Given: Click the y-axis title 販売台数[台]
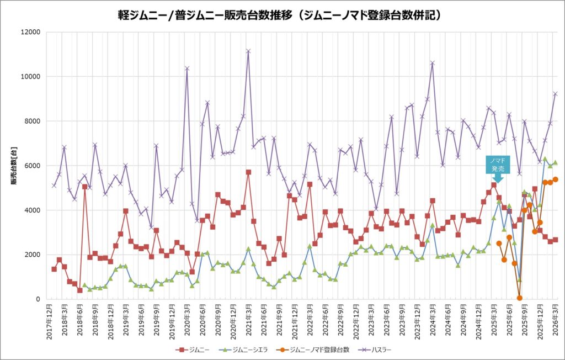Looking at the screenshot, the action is coord(14,166).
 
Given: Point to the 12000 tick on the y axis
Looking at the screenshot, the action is coord(31,32).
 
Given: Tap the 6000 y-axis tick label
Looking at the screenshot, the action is coord(33,166).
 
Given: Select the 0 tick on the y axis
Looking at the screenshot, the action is coord(38,299).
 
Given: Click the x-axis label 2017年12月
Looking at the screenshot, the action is coord(50,321).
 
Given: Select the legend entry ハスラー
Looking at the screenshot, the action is coord(375,350).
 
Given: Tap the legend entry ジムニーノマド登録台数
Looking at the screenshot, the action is coord(313,350).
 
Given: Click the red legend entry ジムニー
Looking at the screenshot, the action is coord(193,350).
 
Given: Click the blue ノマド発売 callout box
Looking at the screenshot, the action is coord(498,166).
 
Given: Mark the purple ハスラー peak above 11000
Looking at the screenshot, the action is coord(248,51).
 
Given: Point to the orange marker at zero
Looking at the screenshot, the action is coord(519,298).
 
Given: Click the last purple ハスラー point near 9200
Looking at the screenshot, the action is coord(555,94).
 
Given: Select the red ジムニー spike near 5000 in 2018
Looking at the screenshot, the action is coord(84,187).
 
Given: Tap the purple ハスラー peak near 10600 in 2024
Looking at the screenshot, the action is coord(433,63).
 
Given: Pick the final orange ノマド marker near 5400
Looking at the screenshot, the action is coord(555,179).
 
